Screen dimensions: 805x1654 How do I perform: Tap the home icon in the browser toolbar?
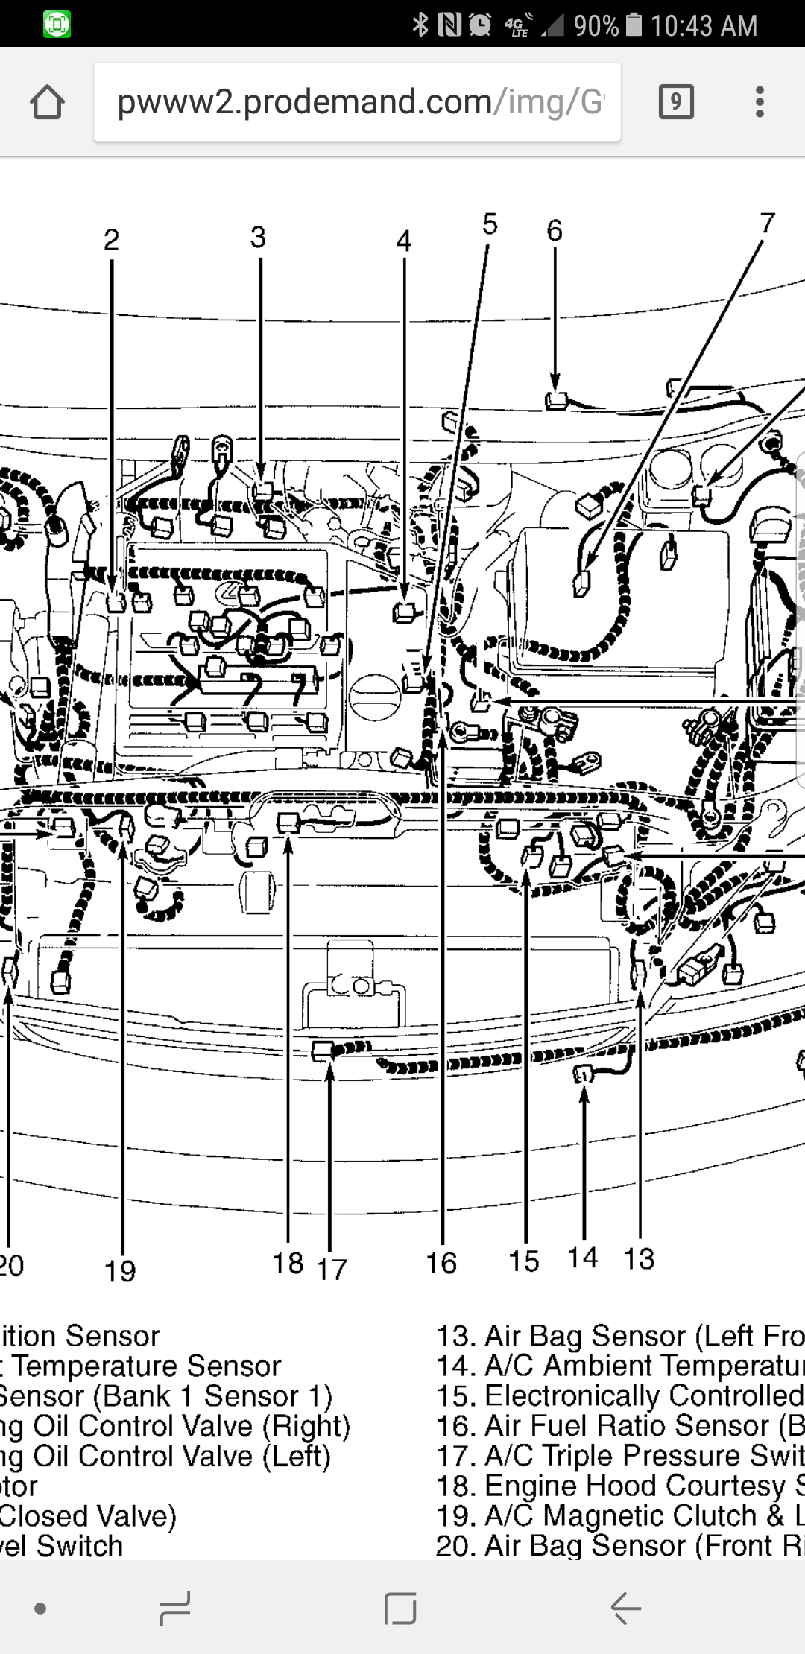[x=47, y=102]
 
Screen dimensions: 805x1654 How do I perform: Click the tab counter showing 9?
[x=676, y=102]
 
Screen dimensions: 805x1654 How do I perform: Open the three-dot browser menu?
[x=760, y=102]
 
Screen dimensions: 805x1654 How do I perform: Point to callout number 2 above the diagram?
[x=111, y=240]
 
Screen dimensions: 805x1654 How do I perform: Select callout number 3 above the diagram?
[x=258, y=238]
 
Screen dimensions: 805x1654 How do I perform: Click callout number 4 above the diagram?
[x=404, y=241]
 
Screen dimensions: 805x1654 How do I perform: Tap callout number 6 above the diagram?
[x=555, y=231]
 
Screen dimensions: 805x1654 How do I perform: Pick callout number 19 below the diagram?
[x=120, y=1271]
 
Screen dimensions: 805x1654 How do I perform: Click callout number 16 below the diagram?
[x=441, y=1263]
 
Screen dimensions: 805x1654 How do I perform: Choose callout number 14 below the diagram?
[x=583, y=1258]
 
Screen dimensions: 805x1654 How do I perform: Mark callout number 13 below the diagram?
[x=639, y=1258]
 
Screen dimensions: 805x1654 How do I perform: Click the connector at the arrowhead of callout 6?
[x=556, y=402]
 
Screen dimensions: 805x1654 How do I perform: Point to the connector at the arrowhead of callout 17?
[x=323, y=1051]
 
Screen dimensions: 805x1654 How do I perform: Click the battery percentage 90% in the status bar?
[x=596, y=25]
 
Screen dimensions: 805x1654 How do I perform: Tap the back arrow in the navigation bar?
[x=625, y=1609]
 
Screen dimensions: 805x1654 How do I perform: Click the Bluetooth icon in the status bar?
[x=420, y=25]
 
